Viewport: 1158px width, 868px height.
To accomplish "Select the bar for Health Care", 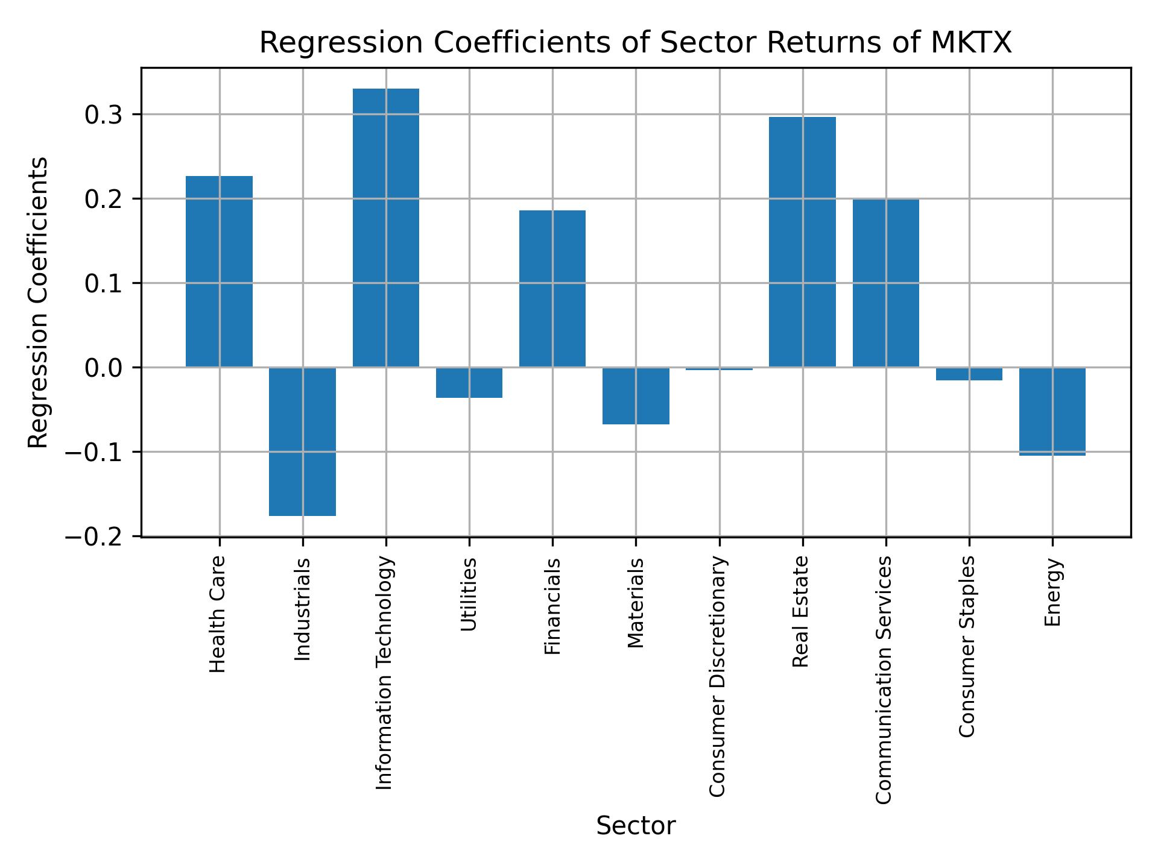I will [219, 271].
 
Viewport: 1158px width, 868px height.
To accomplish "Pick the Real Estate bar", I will [802, 242].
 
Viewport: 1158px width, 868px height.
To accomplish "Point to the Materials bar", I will [636, 395].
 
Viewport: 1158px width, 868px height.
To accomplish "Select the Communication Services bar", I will [885, 283].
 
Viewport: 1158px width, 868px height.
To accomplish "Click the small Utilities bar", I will [469, 382].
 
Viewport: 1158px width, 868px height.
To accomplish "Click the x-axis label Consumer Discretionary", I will [717, 676].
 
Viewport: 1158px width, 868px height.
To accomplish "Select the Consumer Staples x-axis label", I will [967, 646].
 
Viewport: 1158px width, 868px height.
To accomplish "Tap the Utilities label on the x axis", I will [469, 594].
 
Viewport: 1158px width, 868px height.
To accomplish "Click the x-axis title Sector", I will [636, 826].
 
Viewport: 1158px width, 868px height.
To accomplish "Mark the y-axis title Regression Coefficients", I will [39, 303].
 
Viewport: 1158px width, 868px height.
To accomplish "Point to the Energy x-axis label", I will [1052, 592].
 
